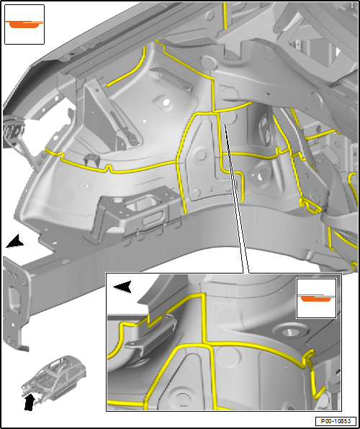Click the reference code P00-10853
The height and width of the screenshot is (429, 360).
[336, 421]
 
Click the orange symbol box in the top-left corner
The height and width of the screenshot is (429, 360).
[24, 24]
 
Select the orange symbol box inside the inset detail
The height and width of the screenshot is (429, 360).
[316, 298]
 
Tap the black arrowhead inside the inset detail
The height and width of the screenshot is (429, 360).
[122, 287]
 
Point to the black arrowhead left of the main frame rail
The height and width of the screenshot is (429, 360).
[15, 242]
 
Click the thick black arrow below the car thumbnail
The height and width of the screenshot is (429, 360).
[29, 402]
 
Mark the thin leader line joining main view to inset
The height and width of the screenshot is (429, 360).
[236, 199]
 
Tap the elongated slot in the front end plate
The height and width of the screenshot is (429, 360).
[14, 299]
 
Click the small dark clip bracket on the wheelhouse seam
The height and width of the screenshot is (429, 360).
[91, 160]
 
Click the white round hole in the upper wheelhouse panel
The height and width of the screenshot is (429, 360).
[166, 103]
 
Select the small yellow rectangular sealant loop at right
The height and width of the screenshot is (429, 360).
[310, 206]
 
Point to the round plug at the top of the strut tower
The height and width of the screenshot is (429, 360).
[210, 62]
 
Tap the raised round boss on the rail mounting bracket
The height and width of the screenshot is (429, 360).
[119, 201]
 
